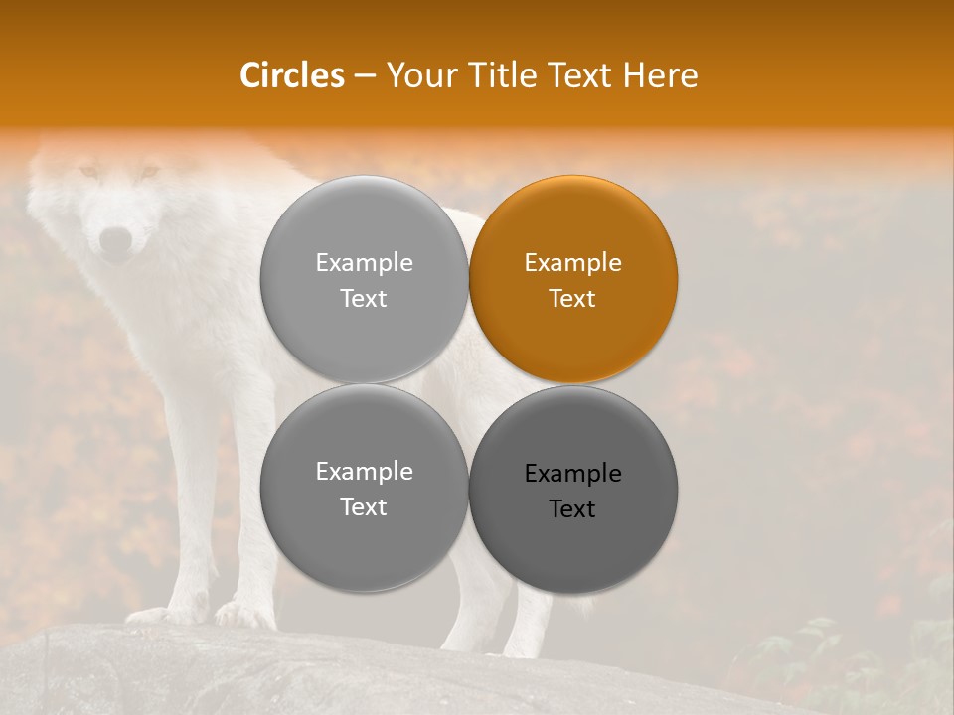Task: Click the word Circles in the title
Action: click(292, 75)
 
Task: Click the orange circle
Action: click(573, 279)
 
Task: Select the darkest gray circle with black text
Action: click(573, 490)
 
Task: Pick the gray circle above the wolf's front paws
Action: click(364, 489)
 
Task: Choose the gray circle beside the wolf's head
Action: click(364, 279)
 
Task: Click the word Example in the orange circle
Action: click(572, 262)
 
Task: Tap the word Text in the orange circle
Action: click(572, 298)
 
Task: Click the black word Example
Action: click(572, 473)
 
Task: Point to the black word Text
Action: click(572, 508)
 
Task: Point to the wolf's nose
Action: click(116, 239)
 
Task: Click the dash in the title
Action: click(365, 76)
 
